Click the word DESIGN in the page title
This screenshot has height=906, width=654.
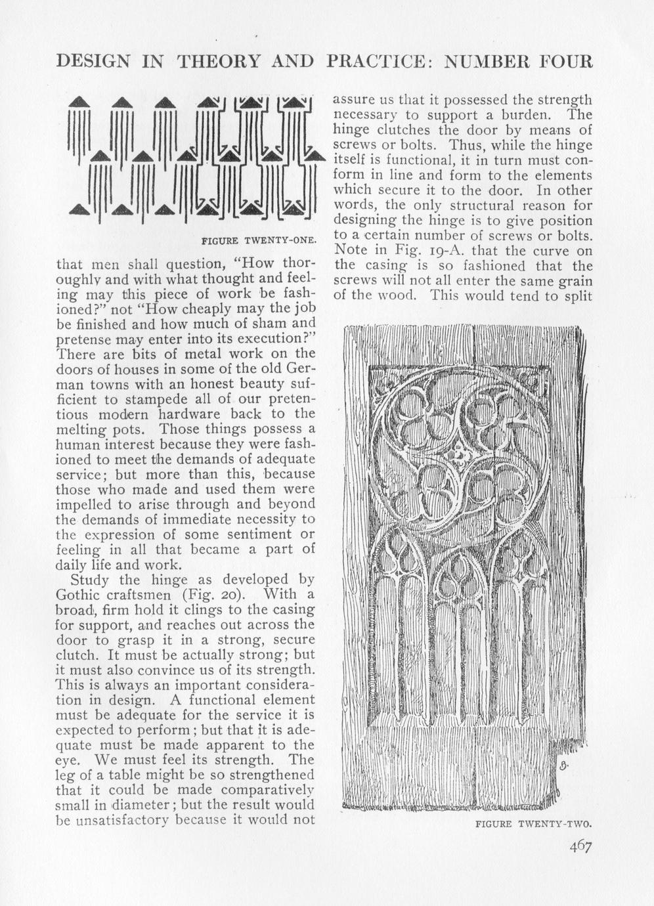[x=92, y=61]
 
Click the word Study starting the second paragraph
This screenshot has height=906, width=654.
[x=91, y=580]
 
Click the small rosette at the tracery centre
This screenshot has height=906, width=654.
[x=460, y=453]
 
